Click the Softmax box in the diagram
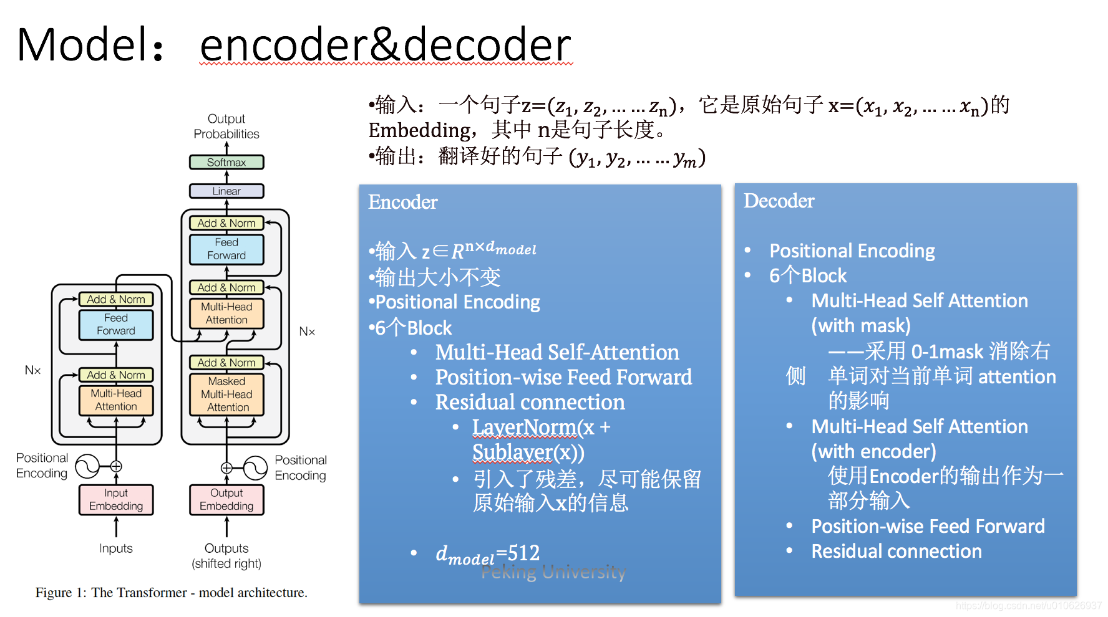point(226,162)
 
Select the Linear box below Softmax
point(226,191)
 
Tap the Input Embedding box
point(116,500)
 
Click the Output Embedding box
point(226,500)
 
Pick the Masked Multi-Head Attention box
point(226,394)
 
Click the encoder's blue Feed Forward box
point(116,324)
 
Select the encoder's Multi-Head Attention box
point(116,400)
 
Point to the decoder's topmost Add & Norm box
point(226,223)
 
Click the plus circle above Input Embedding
point(116,466)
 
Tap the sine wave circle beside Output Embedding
point(255,467)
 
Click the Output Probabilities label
point(226,127)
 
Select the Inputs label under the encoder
point(116,548)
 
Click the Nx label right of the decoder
point(307,332)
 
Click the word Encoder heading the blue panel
point(403,202)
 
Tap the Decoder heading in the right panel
point(779,201)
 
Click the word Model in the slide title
point(77,45)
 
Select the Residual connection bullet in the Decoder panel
point(897,551)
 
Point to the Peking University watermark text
point(553,572)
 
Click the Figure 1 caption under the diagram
point(172,593)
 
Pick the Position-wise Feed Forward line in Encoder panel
point(563,377)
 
